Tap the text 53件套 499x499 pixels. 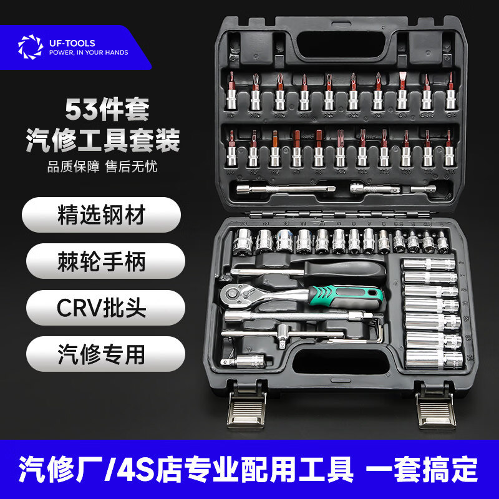(107, 110)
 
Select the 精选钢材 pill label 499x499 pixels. (101, 215)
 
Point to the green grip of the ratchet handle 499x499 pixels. (349, 293)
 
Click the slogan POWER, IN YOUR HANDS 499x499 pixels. (89, 53)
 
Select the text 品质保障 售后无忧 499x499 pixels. (101, 168)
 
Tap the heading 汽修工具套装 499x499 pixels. (102, 139)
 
